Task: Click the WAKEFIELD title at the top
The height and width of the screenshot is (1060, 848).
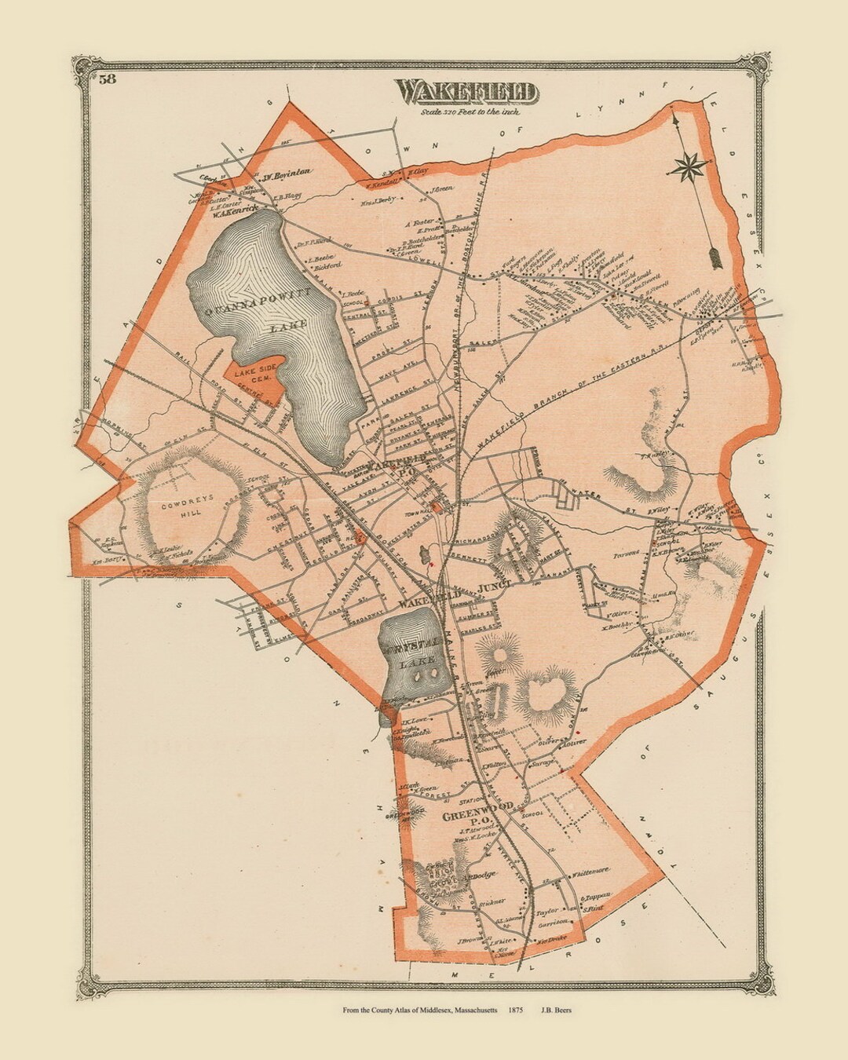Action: (x=468, y=92)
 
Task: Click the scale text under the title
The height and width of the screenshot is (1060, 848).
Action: (x=468, y=112)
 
